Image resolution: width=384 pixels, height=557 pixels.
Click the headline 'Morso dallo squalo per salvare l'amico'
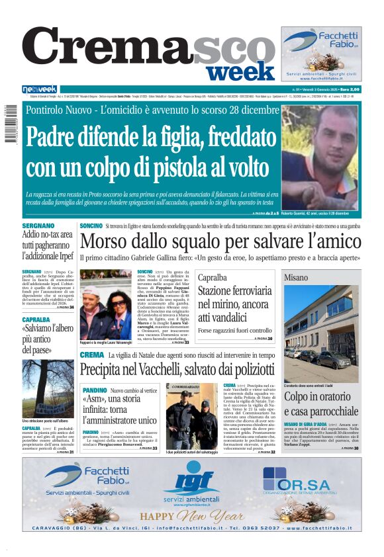pos(220,241)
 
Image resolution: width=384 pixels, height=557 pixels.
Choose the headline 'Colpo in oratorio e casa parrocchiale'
pos(321,404)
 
